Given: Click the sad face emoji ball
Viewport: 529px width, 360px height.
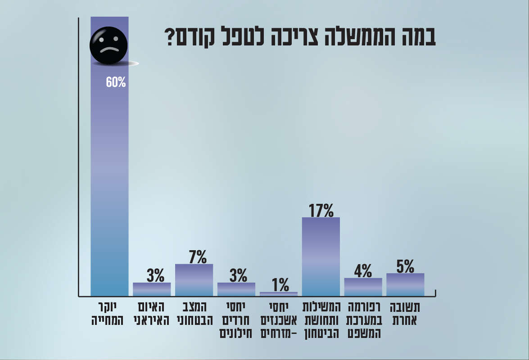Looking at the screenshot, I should tap(109, 45).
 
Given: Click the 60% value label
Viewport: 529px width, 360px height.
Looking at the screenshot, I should tap(116, 82).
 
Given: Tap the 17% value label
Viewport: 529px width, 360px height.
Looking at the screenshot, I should tap(321, 210).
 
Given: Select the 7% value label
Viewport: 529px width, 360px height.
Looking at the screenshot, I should tap(194, 257).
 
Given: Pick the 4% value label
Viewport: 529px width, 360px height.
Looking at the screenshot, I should tap(363, 271).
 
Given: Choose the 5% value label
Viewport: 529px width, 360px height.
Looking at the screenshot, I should tap(405, 266).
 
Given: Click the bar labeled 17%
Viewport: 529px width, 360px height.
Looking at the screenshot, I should tap(321, 256).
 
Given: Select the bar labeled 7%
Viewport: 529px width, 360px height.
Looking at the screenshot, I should tap(194, 280).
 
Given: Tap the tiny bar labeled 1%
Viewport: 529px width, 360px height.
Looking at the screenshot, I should tap(279, 294).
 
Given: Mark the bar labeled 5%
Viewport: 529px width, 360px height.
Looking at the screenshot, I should tap(405, 284).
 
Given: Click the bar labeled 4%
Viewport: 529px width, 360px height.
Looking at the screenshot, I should tap(363, 287).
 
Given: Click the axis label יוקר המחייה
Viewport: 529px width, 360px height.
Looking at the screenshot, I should tap(109, 314).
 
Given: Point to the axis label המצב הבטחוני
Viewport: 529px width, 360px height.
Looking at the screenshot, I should tap(194, 314).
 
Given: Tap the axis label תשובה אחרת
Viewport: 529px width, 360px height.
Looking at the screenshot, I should tap(405, 314).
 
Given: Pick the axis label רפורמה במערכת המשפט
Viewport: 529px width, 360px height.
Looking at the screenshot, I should tap(363, 320).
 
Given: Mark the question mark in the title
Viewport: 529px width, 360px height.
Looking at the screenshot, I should tap(170, 38).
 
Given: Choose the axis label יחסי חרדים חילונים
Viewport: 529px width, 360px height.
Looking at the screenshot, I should tap(236, 320).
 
